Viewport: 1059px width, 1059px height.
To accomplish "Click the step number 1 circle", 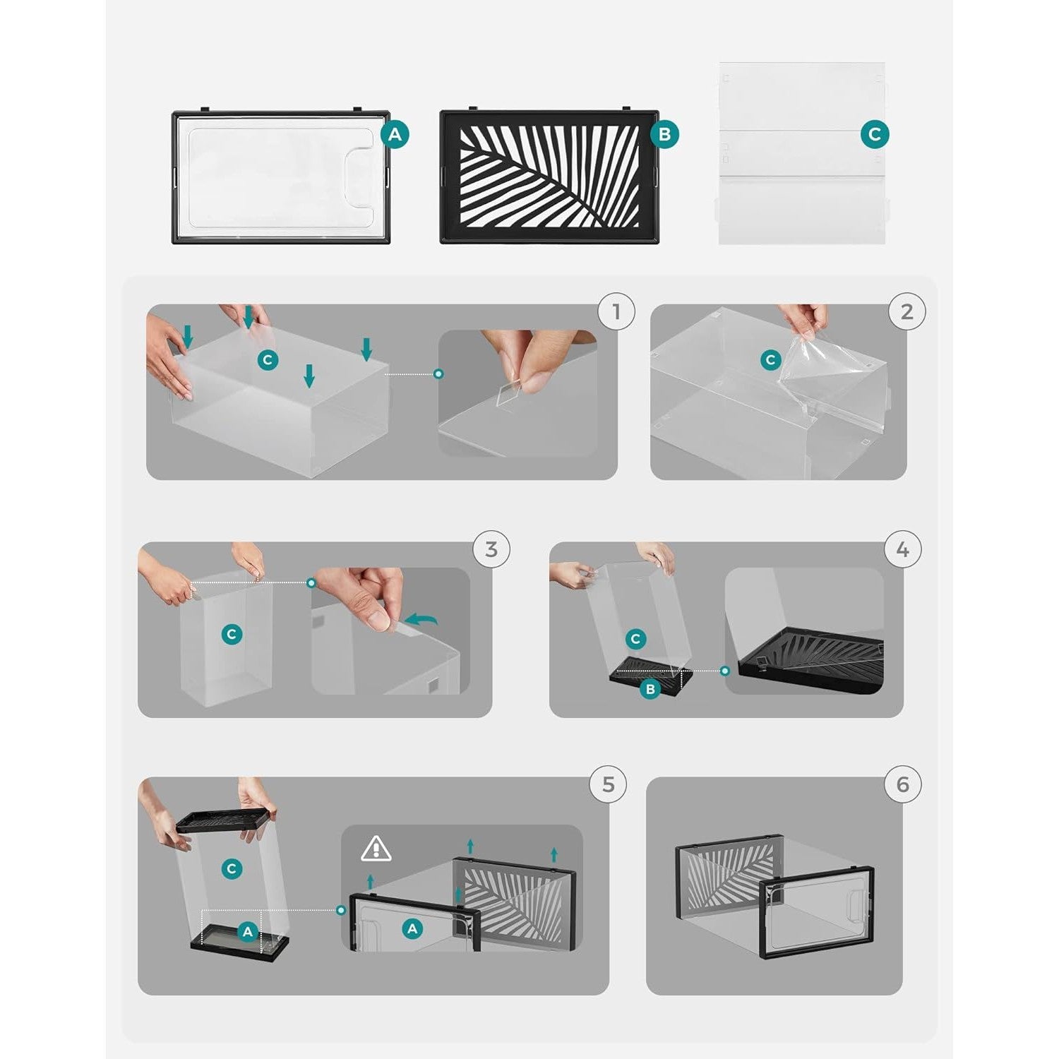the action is click(616, 311).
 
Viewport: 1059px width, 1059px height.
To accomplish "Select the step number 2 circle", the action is click(907, 311).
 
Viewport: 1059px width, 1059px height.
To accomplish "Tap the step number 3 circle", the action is click(491, 549).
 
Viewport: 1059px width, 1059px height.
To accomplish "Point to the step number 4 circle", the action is click(902, 549).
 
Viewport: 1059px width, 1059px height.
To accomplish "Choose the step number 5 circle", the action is click(609, 784).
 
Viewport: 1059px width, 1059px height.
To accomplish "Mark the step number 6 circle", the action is click(902, 784).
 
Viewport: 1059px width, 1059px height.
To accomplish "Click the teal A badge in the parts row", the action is click(395, 134).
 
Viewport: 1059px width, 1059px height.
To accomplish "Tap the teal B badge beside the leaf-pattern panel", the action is click(664, 134).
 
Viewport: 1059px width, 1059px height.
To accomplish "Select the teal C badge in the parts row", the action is click(875, 134).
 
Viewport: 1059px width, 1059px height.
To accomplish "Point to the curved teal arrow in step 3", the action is click(422, 620).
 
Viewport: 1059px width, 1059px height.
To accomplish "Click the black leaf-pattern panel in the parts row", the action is click(549, 176).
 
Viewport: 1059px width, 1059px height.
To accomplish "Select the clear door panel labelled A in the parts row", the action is click(281, 176).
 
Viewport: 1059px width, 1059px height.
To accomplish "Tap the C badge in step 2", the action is click(771, 360).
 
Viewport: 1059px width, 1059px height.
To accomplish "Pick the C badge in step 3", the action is click(232, 634).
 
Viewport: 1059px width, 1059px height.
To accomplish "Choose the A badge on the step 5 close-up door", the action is click(412, 929).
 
